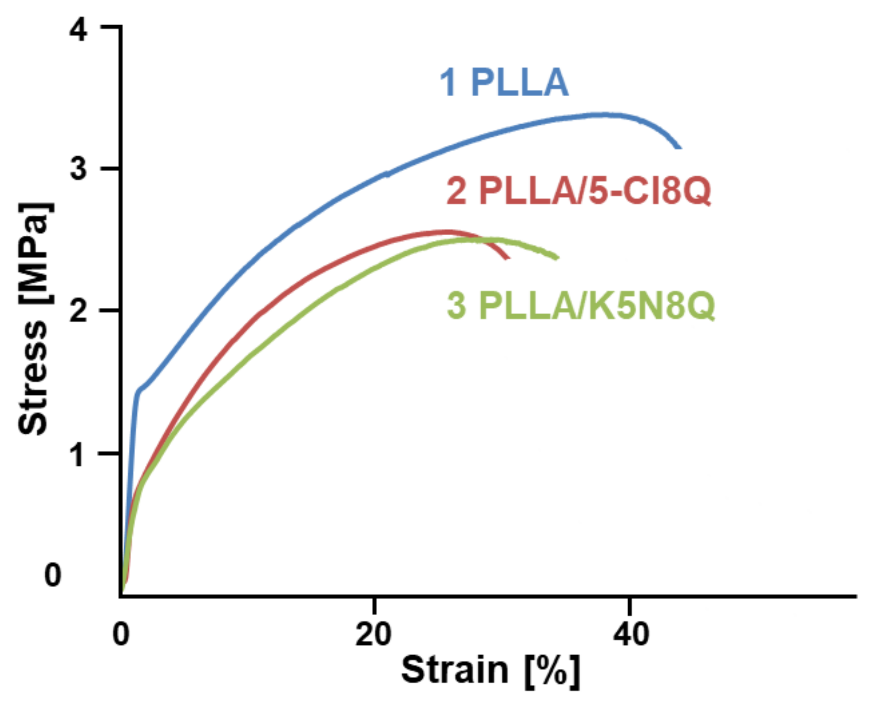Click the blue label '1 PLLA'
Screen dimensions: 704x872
504,83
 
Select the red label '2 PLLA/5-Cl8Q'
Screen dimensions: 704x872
578,191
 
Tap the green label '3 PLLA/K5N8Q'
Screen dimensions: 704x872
580,306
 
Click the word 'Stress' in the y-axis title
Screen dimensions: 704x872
33,379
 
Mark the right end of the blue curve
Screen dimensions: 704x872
680,148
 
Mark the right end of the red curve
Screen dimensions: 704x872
508,258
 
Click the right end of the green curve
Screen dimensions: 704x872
558,258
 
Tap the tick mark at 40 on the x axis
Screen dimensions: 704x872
629,604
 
